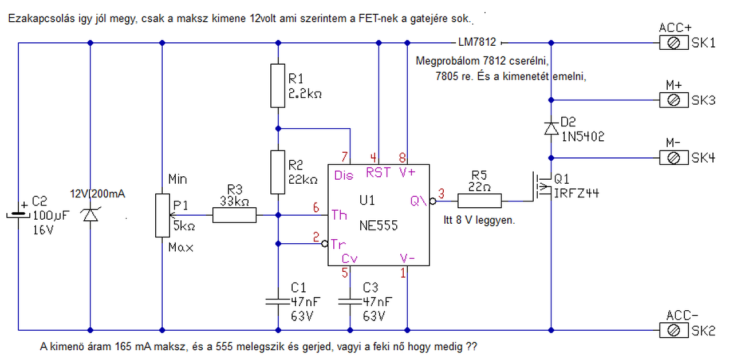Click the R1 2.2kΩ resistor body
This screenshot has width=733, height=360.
278,86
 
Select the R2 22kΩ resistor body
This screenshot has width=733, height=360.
278,172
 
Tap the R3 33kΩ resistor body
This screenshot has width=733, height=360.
234,215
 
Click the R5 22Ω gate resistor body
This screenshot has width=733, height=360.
479,201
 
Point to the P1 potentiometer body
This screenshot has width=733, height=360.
162,215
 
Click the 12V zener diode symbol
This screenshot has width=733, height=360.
90,215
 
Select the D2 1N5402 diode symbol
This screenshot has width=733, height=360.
551,129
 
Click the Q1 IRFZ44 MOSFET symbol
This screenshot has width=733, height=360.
542,187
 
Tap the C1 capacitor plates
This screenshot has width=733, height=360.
278,302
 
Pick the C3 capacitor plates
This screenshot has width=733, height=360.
350,302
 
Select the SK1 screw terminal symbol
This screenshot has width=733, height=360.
674,43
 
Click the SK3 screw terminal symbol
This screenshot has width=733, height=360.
674,100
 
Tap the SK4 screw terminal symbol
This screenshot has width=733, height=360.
674,158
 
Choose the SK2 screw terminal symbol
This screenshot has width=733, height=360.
674,330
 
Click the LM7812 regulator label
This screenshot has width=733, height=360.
477,42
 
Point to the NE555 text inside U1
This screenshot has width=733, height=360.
379,226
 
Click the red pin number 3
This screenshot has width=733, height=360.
441,193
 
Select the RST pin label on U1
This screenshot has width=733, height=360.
379,172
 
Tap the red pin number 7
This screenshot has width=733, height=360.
344,157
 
